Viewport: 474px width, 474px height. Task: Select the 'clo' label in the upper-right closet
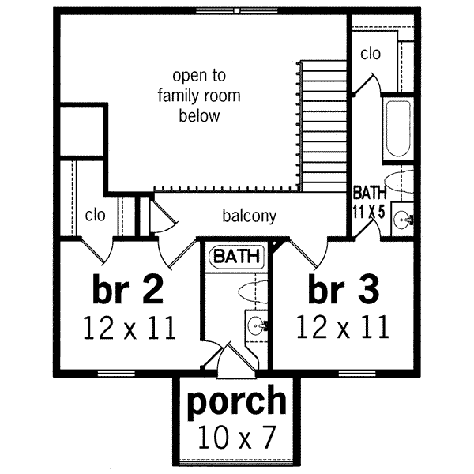(370, 54)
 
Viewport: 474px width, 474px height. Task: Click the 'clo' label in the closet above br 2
(95, 215)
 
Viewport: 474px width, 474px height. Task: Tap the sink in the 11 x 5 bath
(404, 217)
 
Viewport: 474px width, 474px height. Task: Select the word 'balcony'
(249, 215)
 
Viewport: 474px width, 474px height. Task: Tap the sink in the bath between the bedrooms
(255, 324)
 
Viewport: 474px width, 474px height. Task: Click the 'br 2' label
(128, 290)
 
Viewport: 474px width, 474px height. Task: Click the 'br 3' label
(343, 290)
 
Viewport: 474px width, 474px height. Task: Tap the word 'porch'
(236, 401)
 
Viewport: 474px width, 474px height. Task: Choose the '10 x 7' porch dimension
(236, 436)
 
